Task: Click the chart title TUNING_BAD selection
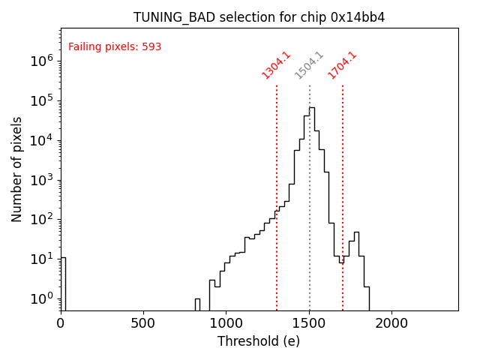[x=259, y=17]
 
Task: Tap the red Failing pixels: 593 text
[x=115, y=47]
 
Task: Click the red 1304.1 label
[x=276, y=64]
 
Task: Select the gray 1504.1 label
[x=309, y=64]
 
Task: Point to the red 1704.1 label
[x=342, y=64]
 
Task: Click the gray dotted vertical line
[x=310, y=225]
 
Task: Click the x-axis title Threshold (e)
[x=259, y=341]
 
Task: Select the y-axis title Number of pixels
[x=17, y=169]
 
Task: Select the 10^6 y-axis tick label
[x=41, y=61]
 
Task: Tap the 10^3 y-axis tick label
[x=41, y=180]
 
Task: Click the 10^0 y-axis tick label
[x=41, y=298]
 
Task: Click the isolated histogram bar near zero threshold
[x=63, y=283]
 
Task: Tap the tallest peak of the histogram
[x=311, y=109]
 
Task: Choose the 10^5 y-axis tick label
[x=41, y=100]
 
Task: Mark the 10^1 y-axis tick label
[x=41, y=259]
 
